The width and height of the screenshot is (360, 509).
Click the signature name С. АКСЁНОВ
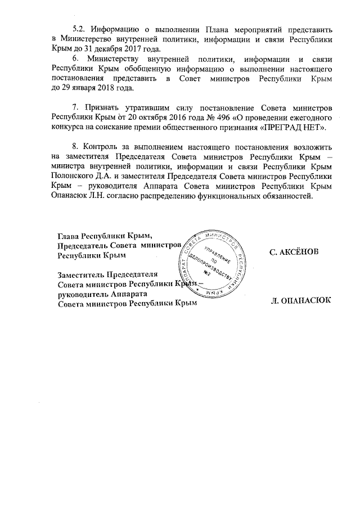coord(294,252)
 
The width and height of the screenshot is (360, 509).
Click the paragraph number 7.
coord(76,108)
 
